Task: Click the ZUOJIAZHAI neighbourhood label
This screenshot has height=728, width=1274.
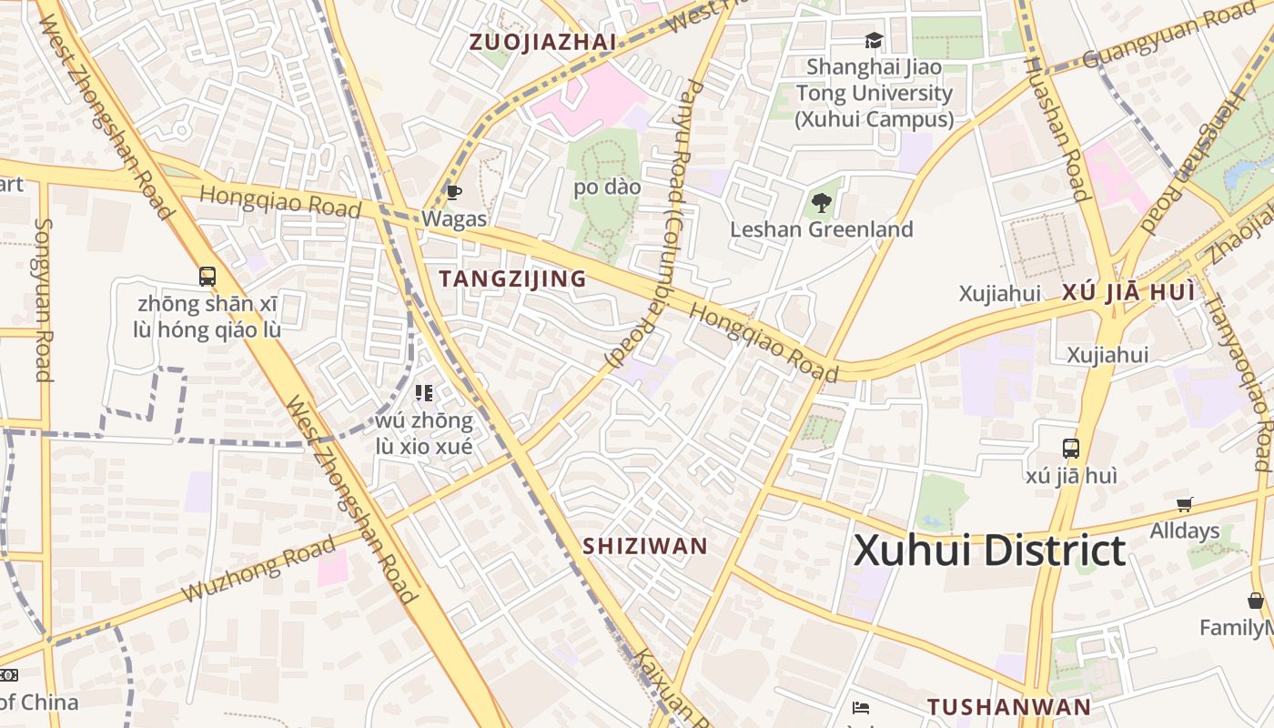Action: pyautogui.click(x=542, y=42)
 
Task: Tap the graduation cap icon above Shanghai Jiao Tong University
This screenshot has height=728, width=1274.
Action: pyautogui.click(x=874, y=40)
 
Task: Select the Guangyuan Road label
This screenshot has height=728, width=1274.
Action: pyautogui.click(x=1168, y=35)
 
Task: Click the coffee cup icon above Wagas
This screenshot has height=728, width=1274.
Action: pyautogui.click(x=453, y=192)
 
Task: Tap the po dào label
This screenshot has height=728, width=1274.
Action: pyautogui.click(x=607, y=187)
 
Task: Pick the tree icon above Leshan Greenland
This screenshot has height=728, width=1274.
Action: pyautogui.click(x=821, y=202)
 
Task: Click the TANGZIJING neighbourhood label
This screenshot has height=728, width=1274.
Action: pyautogui.click(x=512, y=279)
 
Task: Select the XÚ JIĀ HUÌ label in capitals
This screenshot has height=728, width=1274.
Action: pyautogui.click(x=1127, y=293)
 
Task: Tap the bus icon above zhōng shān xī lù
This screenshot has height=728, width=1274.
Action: pyautogui.click(x=207, y=276)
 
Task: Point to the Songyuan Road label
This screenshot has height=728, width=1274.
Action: pyautogui.click(x=43, y=299)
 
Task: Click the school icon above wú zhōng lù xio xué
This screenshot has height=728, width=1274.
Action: pyautogui.click(x=423, y=393)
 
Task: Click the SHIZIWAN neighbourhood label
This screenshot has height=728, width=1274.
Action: pyautogui.click(x=644, y=546)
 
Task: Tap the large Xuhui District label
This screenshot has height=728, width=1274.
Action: pyautogui.click(x=989, y=551)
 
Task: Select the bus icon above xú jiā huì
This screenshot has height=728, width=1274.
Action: pyautogui.click(x=1071, y=448)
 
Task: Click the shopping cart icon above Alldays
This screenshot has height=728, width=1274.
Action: pyautogui.click(x=1184, y=504)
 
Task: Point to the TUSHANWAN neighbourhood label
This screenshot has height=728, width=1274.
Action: pyautogui.click(x=1008, y=707)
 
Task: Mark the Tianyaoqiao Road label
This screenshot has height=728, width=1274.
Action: pyautogui.click(x=1237, y=372)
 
